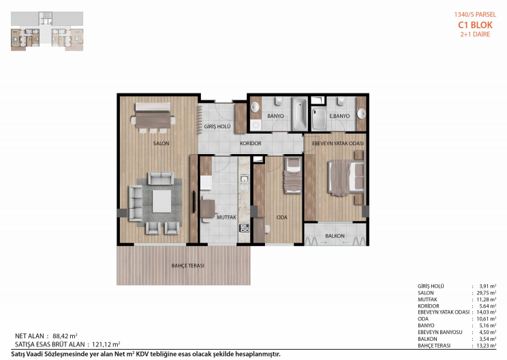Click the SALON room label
coord(161,143)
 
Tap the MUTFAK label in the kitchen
coord(226,217)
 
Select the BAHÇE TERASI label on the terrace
coord(188,265)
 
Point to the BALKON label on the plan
coord(335,236)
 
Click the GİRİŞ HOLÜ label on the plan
coord(217,126)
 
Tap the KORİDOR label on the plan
coord(251,143)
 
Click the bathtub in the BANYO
coord(299,114)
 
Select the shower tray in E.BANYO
coord(319,119)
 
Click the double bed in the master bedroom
coord(346,178)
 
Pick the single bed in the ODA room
coord(292,176)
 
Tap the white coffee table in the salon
coord(162,201)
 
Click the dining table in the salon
coord(153,120)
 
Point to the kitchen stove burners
coord(244,228)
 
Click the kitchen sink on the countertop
coord(244,179)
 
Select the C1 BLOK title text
coord(475,25)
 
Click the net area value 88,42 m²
coord(65,335)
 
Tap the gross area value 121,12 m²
coord(106,344)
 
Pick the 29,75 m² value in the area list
coord(486,292)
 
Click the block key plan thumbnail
coord(47,31)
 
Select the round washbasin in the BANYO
coord(256,107)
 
